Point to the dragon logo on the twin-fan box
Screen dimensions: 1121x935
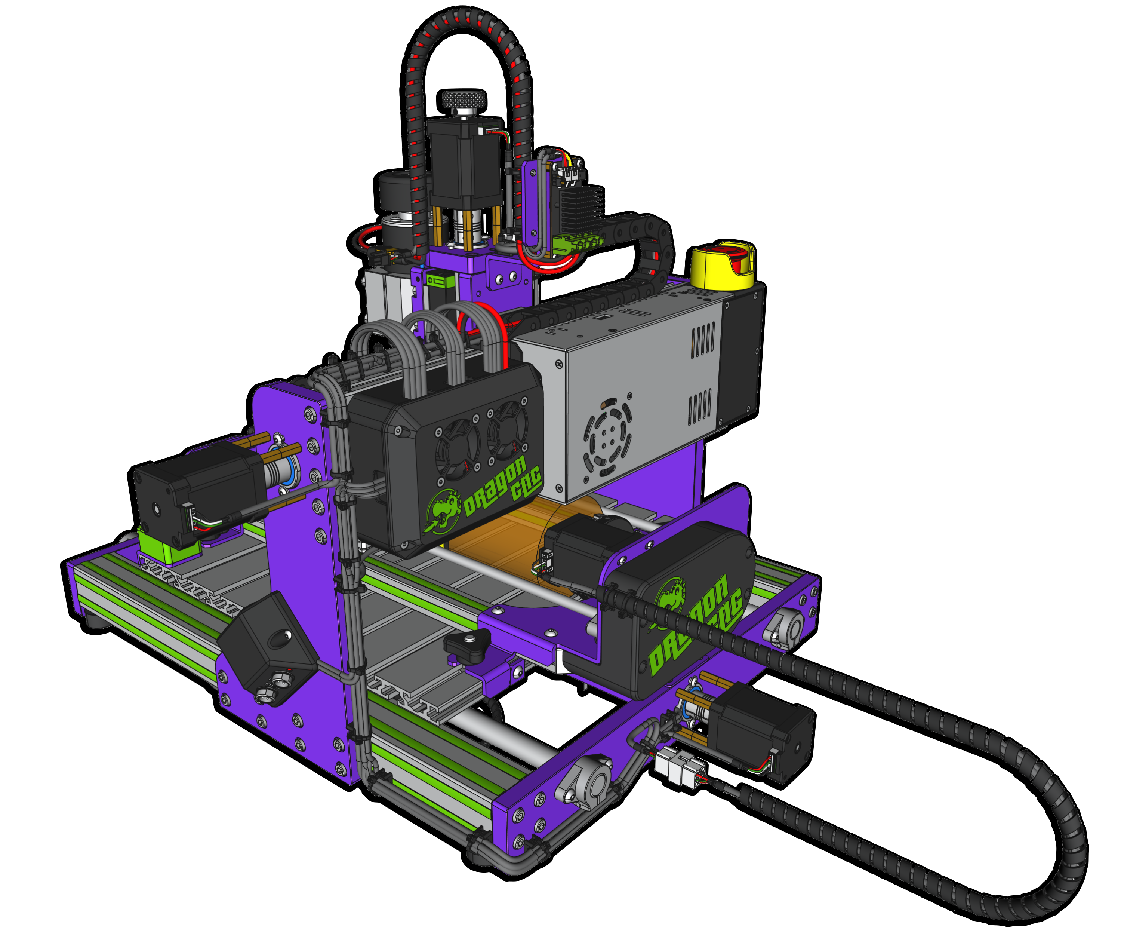tap(443, 512)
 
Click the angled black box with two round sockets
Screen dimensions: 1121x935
tap(267, 649)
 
